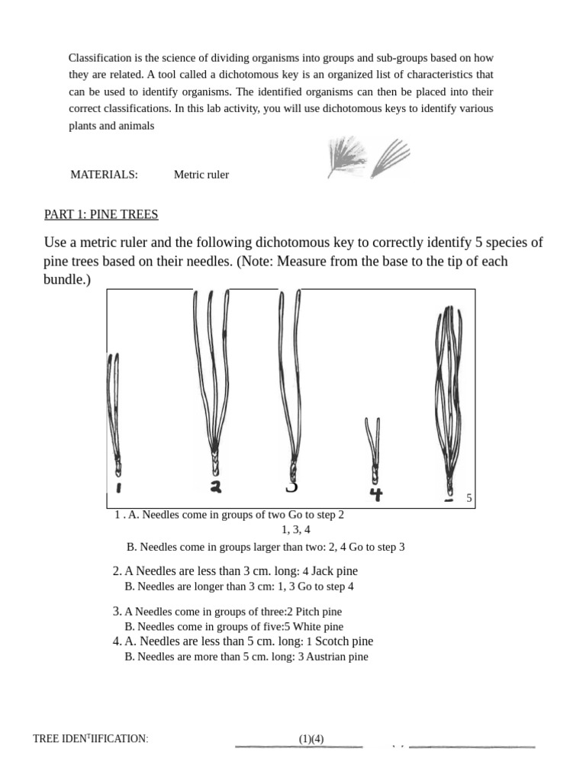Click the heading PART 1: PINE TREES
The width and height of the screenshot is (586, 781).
101,214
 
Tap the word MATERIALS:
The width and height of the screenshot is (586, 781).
104,175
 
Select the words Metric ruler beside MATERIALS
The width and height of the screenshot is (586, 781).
201,175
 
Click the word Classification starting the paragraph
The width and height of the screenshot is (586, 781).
102,58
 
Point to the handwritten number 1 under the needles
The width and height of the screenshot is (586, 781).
119,488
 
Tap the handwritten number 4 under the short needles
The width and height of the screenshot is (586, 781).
375,494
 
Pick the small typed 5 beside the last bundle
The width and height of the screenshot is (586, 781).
469,498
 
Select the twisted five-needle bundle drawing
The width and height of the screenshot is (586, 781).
448,397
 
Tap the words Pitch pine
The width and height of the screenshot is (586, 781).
319,612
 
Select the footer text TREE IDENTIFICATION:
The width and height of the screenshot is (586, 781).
90,739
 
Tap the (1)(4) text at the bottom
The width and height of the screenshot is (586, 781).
311,738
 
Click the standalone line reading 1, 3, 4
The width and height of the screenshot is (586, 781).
296,529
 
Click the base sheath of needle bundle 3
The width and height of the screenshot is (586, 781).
293,466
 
